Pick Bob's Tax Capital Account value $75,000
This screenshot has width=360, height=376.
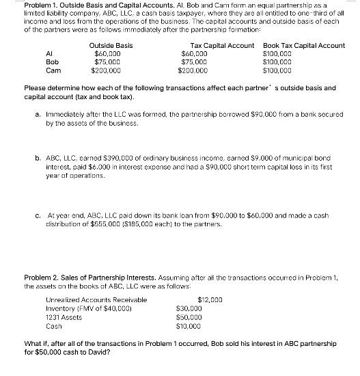pyautogui.click(x=195, y=61)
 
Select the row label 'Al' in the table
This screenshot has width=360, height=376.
pyautogui.click(x=49, y=53)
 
